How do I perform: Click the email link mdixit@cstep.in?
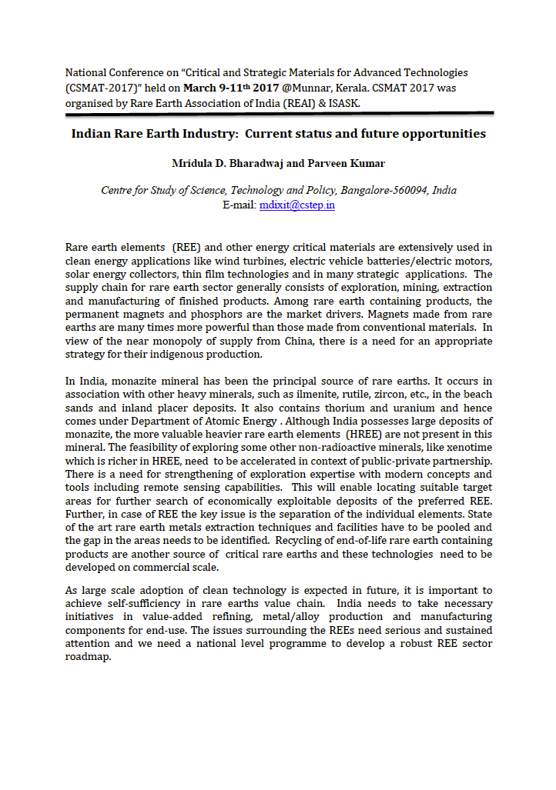(297, 205)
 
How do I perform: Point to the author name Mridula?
(193, 163)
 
